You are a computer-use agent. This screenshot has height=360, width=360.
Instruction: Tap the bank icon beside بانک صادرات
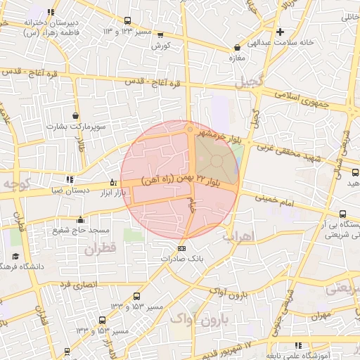click(x=181, y=248)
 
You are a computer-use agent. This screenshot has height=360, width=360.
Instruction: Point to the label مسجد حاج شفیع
click(x=79, y=229)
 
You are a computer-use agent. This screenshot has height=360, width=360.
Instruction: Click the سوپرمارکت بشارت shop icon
click(x=75, y=115)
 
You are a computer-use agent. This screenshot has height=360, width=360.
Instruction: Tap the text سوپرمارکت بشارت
click(x=75, y=127)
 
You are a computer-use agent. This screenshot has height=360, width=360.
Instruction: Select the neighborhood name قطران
click(x=99, y=248)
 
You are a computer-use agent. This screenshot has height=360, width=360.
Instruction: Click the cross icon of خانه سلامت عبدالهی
click(x=280, y=32)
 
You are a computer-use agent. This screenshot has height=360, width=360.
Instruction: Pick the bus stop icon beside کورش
click(x=160, y=34)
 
